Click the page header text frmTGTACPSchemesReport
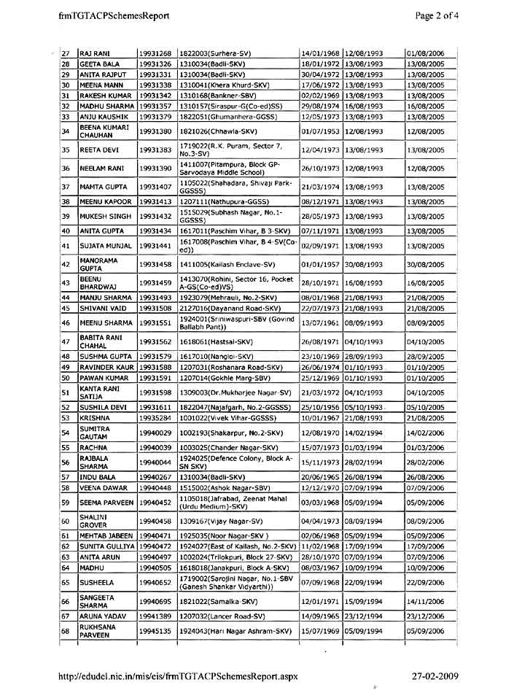115,15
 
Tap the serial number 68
65,631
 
